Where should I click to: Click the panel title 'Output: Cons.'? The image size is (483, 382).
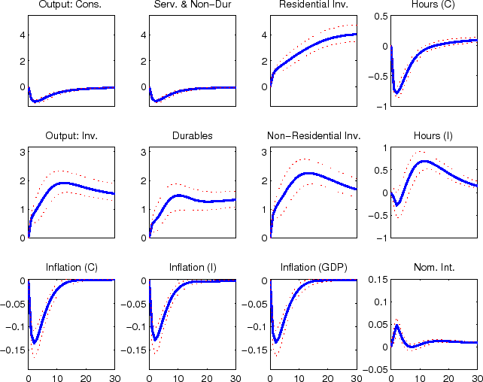click(71, 6)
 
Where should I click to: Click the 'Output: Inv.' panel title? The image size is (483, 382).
click(71, 136)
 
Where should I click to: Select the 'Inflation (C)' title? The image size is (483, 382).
click(71, 267)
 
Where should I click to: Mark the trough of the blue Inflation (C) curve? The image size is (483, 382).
click(35, 343)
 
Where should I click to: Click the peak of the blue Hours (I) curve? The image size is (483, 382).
click(424, 161)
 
